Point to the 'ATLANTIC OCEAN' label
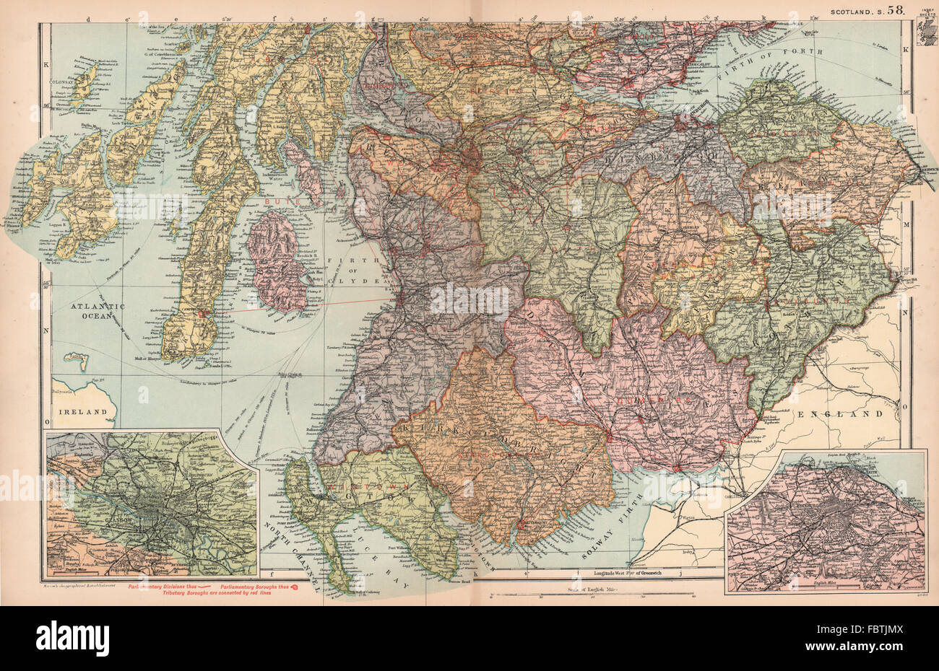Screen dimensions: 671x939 pos(98,312)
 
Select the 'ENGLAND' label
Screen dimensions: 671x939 pos(840,415)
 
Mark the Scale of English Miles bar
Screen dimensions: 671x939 pos(592,593)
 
